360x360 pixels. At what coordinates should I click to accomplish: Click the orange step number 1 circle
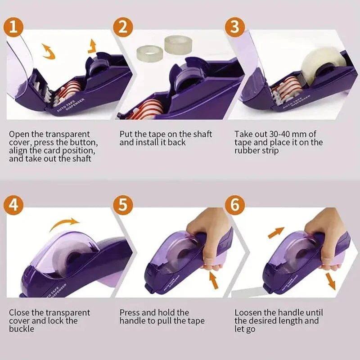point(14,27)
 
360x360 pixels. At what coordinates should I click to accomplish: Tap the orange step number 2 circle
point(122,27)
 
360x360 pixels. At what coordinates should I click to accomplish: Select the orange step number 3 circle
point(234,27)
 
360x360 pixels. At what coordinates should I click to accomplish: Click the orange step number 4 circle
point(14,206)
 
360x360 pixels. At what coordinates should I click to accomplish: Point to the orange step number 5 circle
point(123,206)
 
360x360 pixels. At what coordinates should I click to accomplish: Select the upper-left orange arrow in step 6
point(276,233)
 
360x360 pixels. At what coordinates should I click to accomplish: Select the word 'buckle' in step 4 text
point(21,329)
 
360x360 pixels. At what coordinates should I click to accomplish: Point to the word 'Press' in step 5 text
point(130,312)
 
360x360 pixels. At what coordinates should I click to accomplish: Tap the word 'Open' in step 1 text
point(18,134)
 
